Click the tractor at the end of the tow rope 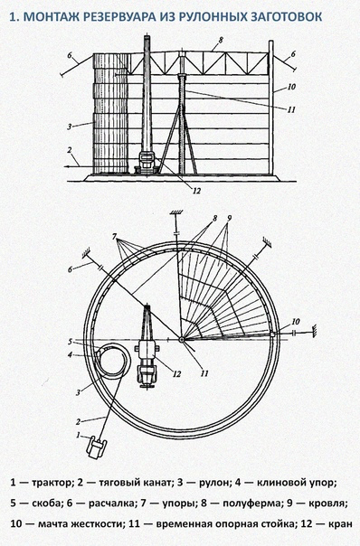pyautogui.click(x=96, y=447)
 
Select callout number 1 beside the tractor pyautogui.click(x=79, y=436)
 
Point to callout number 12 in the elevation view pyautogui.click(x=197, y=191)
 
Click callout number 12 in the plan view pyautogui.click(x=177, y=374)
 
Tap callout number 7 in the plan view pyautogui.click(x=114, y=237)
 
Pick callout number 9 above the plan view pyautogui.click(x=229, y=219)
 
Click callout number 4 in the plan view pyautogui.click(x=70, y=355)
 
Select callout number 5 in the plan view pyautogui.click(x=70, y=342)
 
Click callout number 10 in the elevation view pyautogui.click(x=291, y=87)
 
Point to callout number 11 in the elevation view pyautogui.click(x=291, y=109)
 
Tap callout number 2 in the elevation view pyautogui.click(x=70, y=150)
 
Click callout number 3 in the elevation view pyautogui.click(x=70, y=127)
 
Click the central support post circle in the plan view pyautogui.click(x=182, y=339)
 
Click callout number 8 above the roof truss pyautogui.click(x=221, y=40)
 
